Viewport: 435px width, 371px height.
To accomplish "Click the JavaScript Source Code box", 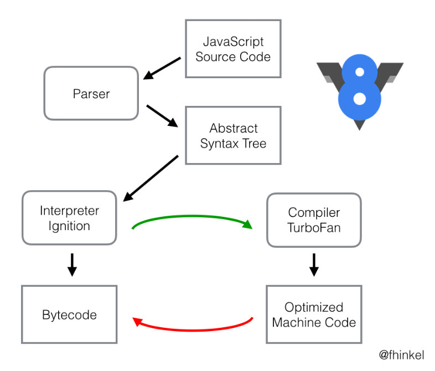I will point(233,49).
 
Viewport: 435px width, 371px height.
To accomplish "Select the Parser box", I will point(91,93).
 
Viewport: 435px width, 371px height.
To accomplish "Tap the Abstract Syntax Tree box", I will point(233,135).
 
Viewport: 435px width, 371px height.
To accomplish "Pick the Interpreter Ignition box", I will point(69,218).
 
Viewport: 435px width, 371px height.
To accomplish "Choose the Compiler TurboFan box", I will point(314,220).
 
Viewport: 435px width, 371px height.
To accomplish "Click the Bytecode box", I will point(69,314).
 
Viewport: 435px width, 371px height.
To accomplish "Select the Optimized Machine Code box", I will point(314,314).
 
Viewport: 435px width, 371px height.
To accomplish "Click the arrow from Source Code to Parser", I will point(162,67).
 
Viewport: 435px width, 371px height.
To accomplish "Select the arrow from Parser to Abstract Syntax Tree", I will point(162,116).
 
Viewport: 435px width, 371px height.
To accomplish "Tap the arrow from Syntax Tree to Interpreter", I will point(151,179).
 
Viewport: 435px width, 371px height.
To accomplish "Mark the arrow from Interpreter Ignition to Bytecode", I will point(71,265).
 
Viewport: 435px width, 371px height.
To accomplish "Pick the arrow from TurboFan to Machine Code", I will point(314,265).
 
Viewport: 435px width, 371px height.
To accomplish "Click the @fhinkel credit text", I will point(401,354).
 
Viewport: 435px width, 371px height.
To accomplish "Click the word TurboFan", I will point(314,227).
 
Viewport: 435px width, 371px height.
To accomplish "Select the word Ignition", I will point(69,226).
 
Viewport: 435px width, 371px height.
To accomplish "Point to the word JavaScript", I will point(233,42).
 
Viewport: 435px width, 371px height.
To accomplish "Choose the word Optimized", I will point(314,307).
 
